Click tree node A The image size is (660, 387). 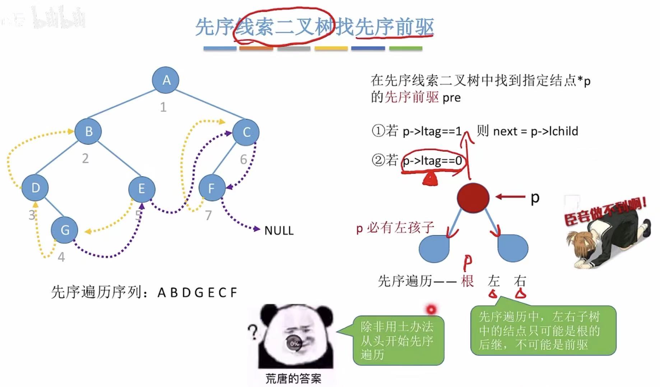tap(166, 80)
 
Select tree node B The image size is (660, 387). tap(88, 131)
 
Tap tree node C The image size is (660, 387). tap(246, 132)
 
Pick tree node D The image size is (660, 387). tap(35, 188)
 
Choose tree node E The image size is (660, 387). tap(142, 188)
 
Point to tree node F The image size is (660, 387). tap(212, 188)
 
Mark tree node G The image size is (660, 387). tap(65, 230)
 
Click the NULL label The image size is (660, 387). tap(279, 230)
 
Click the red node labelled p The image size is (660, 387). tap(473, 198)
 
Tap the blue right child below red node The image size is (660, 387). tap(513, 248)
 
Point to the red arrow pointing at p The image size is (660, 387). tap(510, 197)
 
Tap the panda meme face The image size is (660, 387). tap(296, 336)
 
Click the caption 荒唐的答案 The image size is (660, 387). tap(293, 378)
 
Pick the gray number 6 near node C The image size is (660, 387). tap(243, 159)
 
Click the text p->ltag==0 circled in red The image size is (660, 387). tap(432, 161)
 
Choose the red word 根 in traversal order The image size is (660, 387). tap(467, 281)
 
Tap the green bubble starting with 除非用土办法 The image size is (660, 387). tap(398, 340)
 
